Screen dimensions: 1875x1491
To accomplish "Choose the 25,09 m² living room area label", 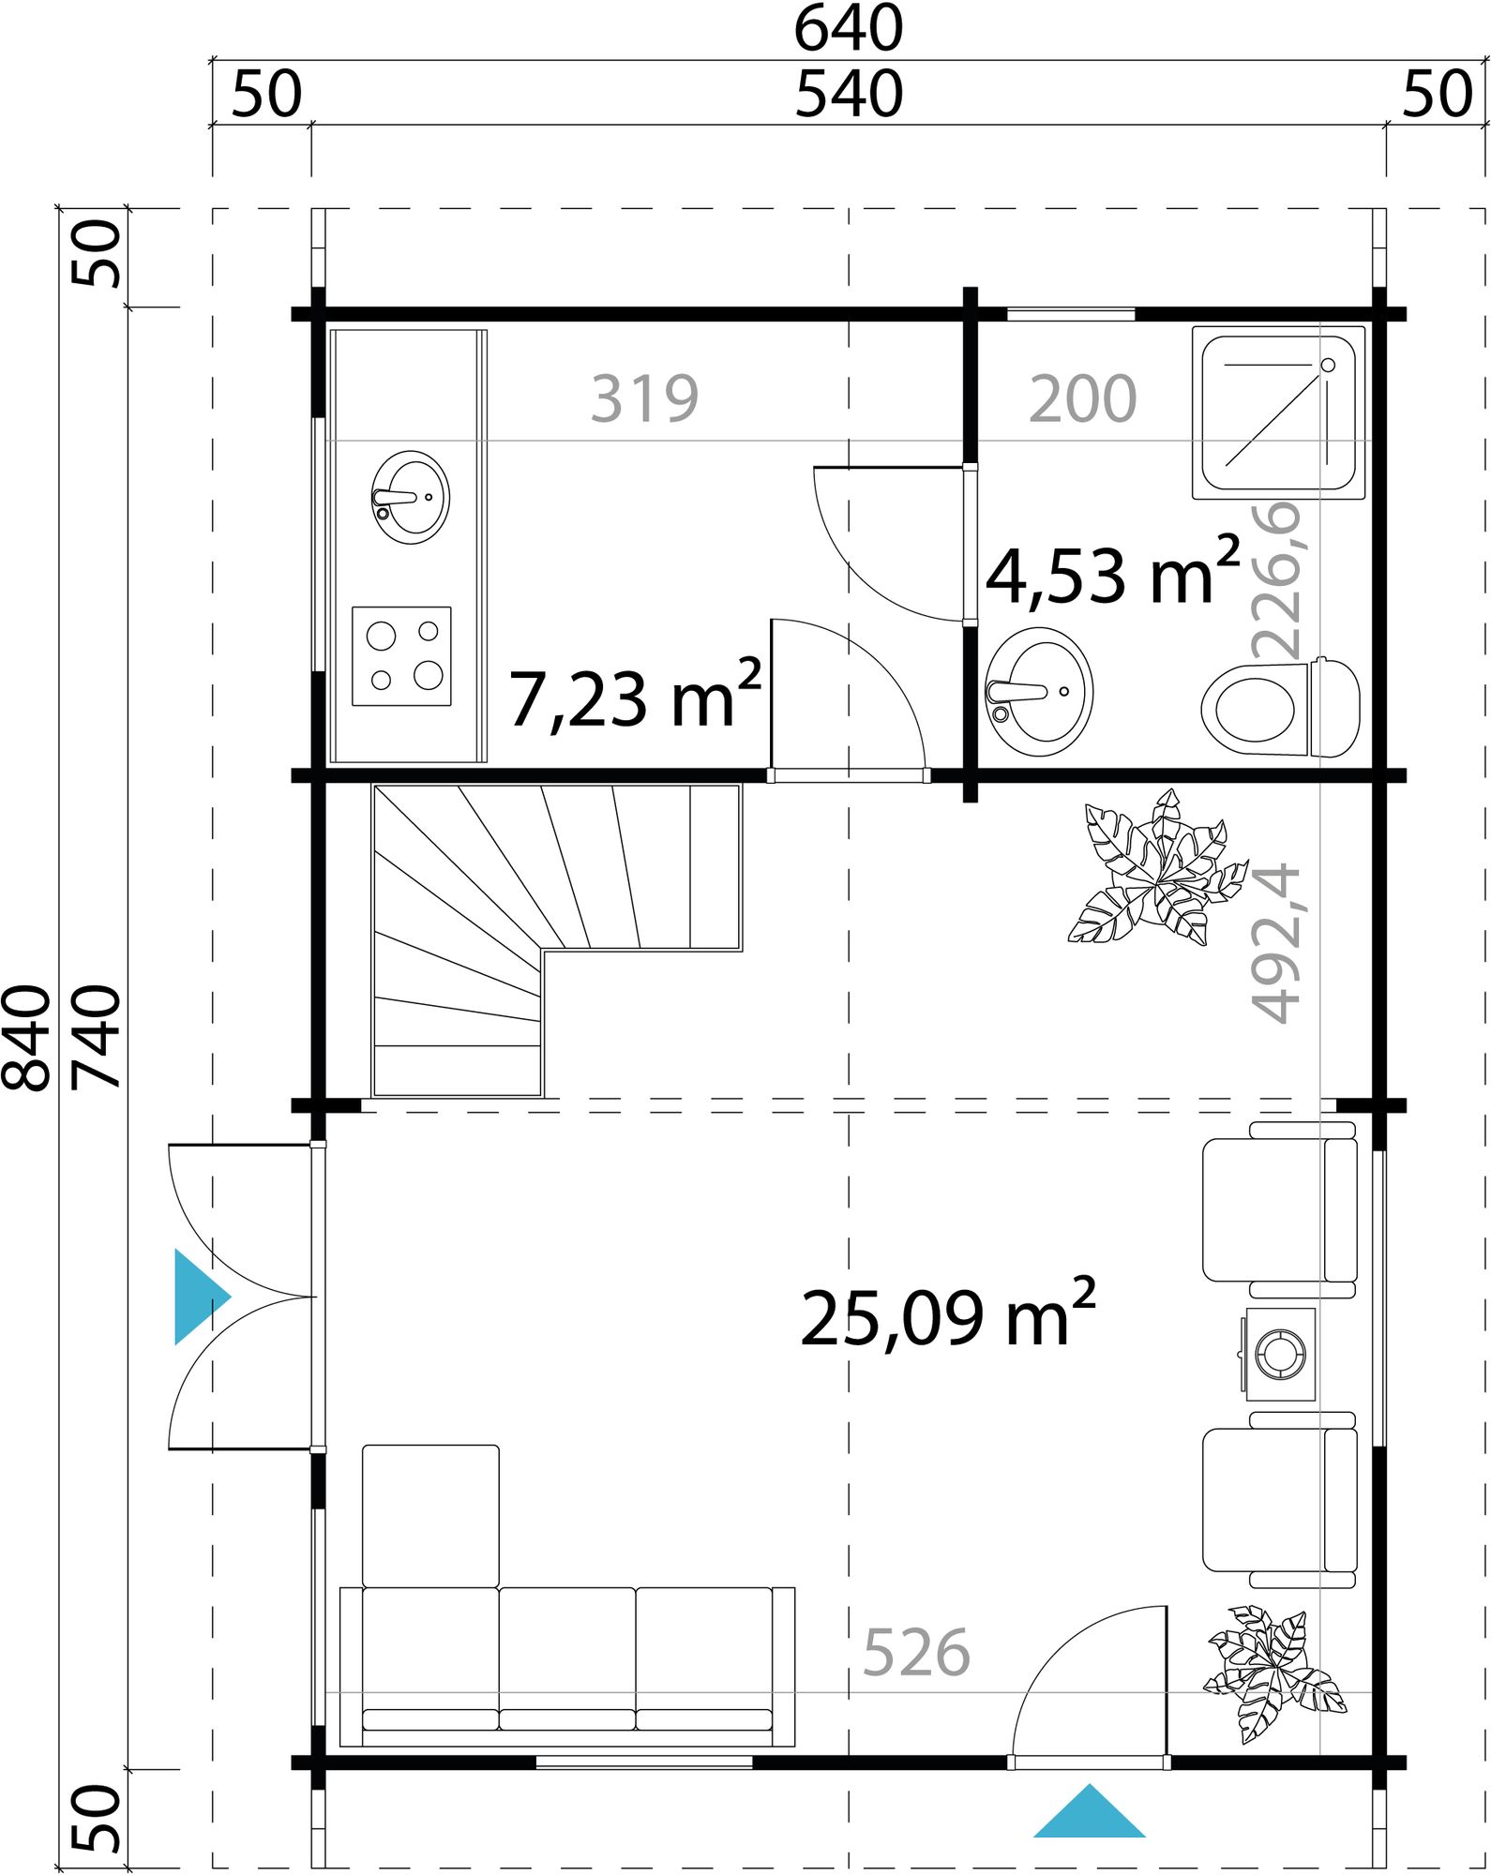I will (947, 1316).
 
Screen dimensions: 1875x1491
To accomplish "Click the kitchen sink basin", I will (411, 497).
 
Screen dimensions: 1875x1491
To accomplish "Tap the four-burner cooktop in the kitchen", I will (401, 656).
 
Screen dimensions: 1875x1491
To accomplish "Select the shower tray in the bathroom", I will (1278, 412).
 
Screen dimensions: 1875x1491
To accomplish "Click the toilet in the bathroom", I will (1280, 708).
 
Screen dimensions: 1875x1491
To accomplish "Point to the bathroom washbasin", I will (1039, 692).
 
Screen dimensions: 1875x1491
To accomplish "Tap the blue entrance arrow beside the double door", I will (199, 1297).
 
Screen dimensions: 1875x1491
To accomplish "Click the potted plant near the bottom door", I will (1271, 1671).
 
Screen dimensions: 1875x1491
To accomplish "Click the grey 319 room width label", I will (644, 399).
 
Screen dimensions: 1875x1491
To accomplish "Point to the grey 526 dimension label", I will (915, 1653).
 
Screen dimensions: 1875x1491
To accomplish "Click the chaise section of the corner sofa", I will (430, 1516).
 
